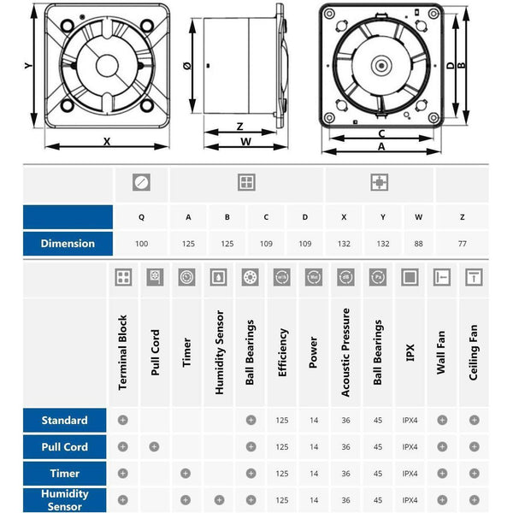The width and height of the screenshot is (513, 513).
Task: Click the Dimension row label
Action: pos(68,244)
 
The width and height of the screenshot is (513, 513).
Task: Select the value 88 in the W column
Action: pos(418,244)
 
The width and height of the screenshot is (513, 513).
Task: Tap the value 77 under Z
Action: pos(463,244)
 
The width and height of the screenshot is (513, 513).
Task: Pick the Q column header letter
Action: pos(141,217)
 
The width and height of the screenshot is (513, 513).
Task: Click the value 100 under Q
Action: pos(141,244)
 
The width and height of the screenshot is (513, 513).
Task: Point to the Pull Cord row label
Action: pos(64,447)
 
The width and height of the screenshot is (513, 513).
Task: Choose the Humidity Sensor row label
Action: pos(64,500)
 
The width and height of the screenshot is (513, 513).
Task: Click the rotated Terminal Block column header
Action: pos(122,352)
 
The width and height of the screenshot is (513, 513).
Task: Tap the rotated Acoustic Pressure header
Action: pos(345,352)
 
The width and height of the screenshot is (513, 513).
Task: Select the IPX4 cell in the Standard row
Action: pos(410,421)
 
